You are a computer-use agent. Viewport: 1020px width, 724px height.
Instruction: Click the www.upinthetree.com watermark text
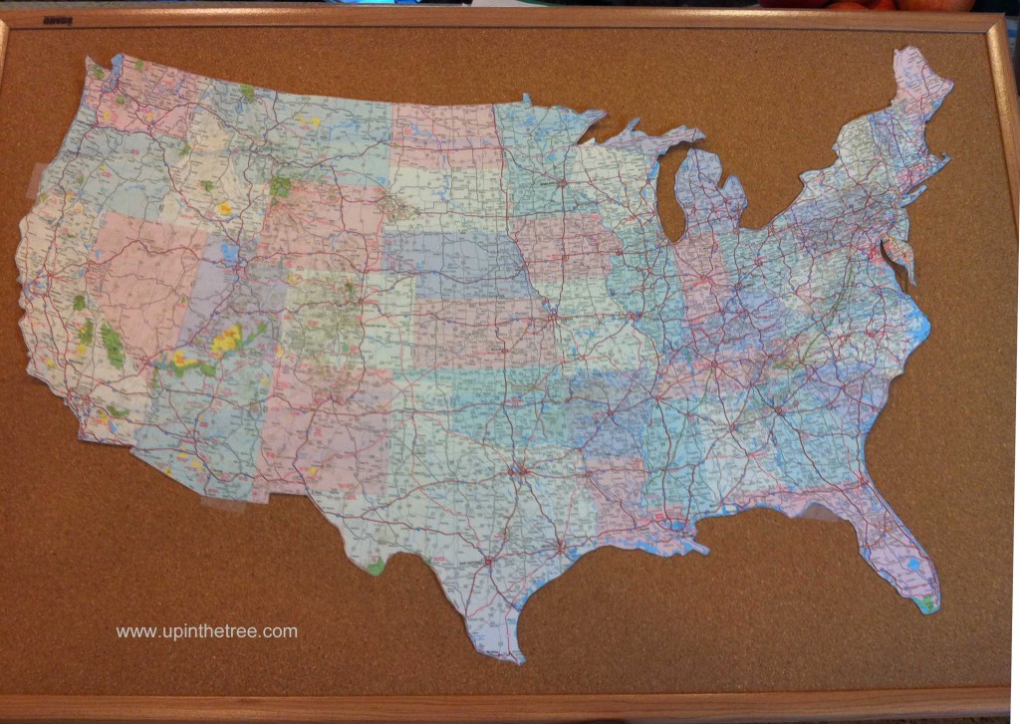click(x=206, y=631)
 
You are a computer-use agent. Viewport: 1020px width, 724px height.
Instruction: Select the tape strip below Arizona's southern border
click(x=223, y=504)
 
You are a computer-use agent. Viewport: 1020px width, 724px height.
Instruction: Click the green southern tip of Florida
click(x=928, y=603)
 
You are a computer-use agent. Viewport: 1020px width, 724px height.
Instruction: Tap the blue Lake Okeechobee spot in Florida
click(x=913, y=568)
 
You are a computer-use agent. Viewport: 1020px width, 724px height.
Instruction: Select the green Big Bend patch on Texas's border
click(x=375, y=568)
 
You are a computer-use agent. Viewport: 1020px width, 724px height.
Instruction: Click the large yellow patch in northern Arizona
click(x=227, y=340)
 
